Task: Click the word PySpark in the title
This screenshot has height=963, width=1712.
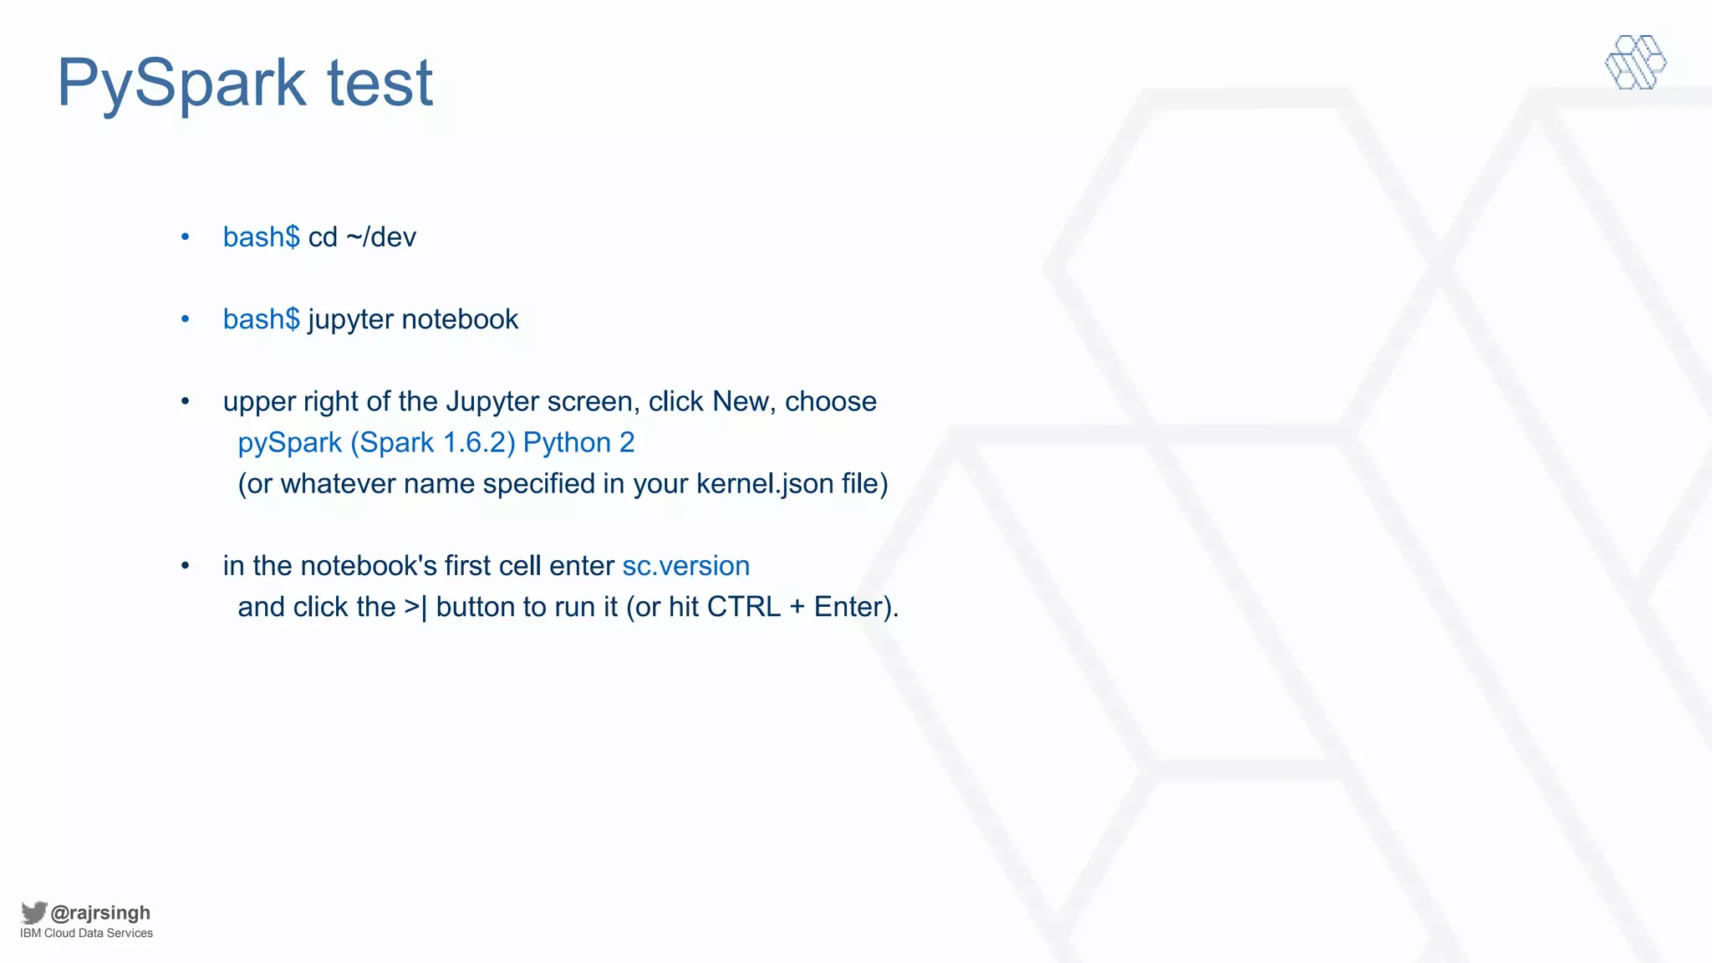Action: point(181,84)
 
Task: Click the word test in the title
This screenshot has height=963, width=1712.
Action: point(380,84)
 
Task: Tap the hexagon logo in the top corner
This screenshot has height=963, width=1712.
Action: point(1635,62)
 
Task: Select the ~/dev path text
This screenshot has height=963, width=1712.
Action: point(380,237)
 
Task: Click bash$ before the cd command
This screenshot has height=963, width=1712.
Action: point(261,237)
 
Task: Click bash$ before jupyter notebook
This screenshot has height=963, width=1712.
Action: point(261,319)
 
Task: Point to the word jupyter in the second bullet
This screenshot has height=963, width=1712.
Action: point(350,320)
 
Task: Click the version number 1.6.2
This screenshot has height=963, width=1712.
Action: point(474,442)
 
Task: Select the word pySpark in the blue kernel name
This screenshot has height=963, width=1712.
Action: point(290,443)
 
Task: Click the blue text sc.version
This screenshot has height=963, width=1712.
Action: point(685,566)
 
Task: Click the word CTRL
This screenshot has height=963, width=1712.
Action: point(744,607)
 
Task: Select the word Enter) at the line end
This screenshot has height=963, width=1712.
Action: point(854,607)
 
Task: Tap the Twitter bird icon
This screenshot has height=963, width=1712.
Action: point(33,912)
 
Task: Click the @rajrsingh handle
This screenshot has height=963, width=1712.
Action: point(100,913)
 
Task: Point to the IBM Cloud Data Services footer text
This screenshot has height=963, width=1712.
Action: point(86,934)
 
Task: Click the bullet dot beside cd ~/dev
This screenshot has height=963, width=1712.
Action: point(186,237)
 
